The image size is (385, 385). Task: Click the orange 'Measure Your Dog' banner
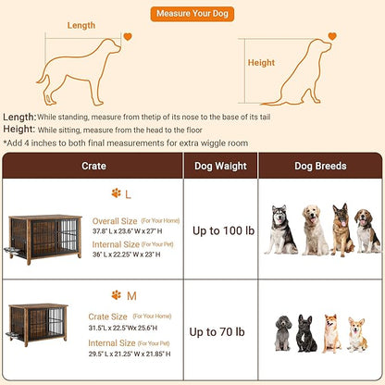pos(192,15)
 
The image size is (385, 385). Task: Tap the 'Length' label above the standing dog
pos(87,25)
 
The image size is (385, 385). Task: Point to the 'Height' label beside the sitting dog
pos(261,63)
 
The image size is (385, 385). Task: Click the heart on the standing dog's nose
pos(128,37)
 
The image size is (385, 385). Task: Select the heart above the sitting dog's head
pos(332,37)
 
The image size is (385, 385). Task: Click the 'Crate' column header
pos(94,166)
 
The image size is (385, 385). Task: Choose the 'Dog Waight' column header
pos(219,166)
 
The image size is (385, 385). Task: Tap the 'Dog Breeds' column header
pos(320,166)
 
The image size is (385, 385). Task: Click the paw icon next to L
pos(116,193)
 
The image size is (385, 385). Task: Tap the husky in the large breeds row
pos(280,230)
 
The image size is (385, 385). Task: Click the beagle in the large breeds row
pos(367,231)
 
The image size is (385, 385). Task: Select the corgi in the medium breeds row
pos(356,334)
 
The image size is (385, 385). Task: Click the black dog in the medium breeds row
pos(306,333)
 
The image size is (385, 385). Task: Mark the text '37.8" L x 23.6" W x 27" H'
pos(135,232)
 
